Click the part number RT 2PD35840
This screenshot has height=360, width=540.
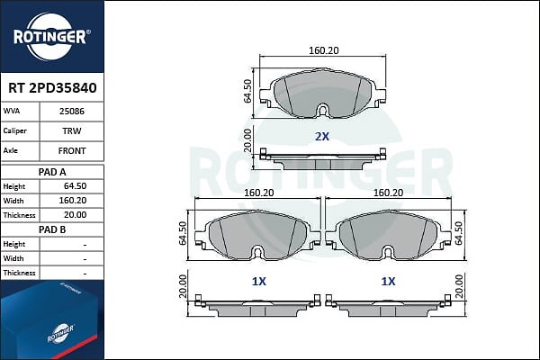coord(52,88)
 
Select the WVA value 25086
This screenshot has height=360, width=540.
coord(72,112)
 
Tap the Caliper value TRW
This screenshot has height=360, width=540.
coord(72,130)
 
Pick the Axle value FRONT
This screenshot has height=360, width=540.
coord(72,151)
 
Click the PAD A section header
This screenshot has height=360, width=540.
coord(52,172)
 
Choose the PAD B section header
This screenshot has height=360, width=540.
coord(52,229)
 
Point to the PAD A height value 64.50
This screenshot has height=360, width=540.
coord(75,186)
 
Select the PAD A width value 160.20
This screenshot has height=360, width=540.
coord(73,201)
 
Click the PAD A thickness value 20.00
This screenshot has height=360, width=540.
coord(75,215)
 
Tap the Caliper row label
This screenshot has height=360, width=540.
coord(14,130)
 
